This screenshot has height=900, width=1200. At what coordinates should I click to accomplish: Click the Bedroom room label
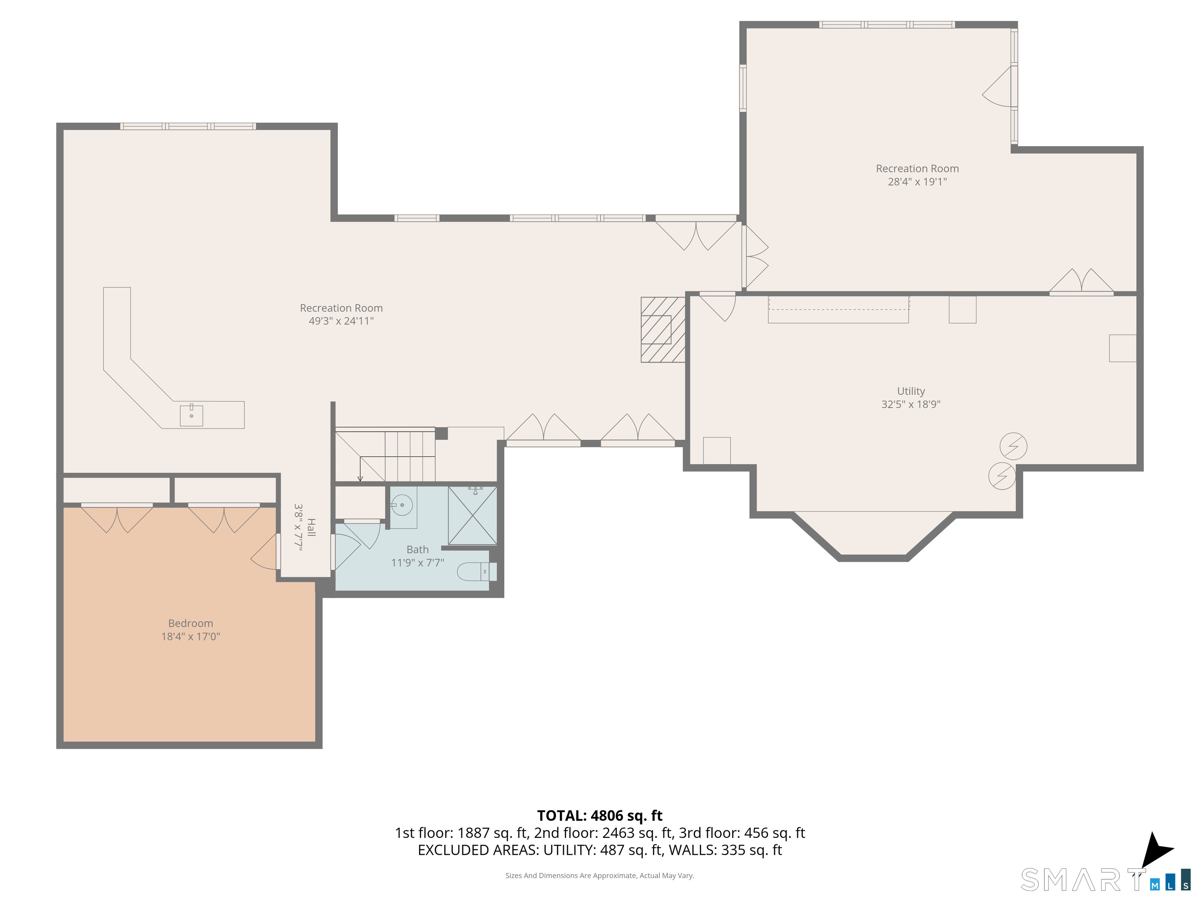[190, 623]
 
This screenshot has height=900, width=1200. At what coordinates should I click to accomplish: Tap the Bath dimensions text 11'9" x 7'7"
[418, 562]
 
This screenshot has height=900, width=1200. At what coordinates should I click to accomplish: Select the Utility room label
[911, 391]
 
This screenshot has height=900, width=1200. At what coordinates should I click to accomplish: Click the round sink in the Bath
[402, 505]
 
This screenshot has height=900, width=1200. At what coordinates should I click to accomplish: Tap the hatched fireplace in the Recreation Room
[663, 329]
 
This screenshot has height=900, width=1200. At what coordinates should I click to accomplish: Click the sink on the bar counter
[191, 415]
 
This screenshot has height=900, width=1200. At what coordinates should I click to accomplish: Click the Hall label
[311, 527]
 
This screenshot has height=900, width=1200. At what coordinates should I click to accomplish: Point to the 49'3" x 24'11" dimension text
[341, 321]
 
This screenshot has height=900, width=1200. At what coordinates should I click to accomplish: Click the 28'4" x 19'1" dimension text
[917, 182]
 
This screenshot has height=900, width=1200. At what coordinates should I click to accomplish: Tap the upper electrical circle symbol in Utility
[1013, 446]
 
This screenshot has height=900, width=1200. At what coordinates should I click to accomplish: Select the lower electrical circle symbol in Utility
[1002, 476]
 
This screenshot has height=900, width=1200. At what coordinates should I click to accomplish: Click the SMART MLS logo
[1105, 879]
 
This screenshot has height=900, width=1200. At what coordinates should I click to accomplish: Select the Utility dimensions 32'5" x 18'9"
[911, 404]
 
